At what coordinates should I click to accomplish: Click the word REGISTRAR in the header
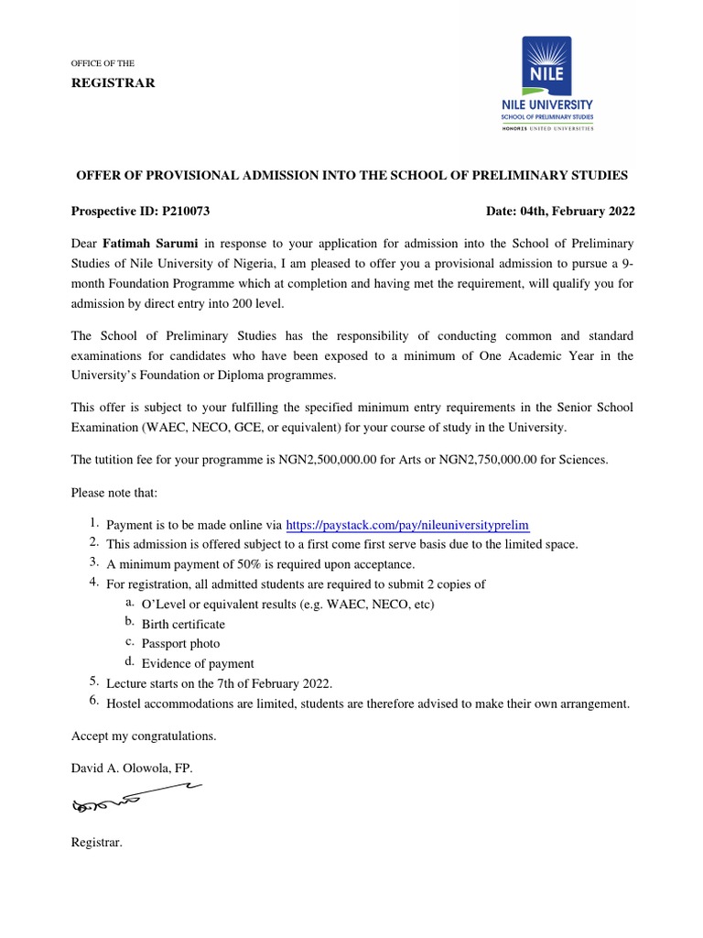pyautogui.click(x=114, y=83)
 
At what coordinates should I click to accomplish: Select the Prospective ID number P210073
pyautogui.click(x=186, y=211)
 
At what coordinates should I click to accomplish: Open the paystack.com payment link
pyautogui.click(x=408, y=525)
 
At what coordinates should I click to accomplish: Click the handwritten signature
pyautogui.click(x=133, y=799)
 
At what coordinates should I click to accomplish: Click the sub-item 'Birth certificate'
pyautogui.click(x=183, y=624)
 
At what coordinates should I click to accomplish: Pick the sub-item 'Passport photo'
pyautogui.click(x=180, y=644)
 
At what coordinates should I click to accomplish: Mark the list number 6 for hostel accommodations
pyautogui.click(x=93, y=702)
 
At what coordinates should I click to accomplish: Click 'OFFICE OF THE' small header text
pyautogui.click(x=103, y=63)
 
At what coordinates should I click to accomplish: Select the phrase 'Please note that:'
pyautogui.click(x=114, y=493)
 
